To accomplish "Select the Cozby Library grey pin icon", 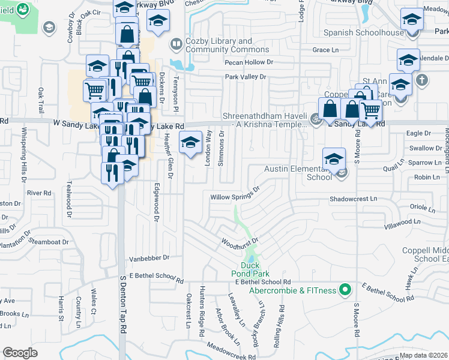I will pyautogui.click(x=176, y=44).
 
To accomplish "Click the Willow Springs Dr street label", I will pyautogui.click(x=235, y=193).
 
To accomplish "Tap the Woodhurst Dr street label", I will pyautogui.click(x=240, y=242).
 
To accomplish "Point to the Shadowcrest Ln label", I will pyautogui.click(x=353, y=198).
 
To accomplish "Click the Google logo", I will pyautogui.click(x=20, y=353).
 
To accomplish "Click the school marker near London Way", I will pyautogui.click(x=190, y=143).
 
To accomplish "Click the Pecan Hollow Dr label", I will pyautogui.click(x=249, y=62).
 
